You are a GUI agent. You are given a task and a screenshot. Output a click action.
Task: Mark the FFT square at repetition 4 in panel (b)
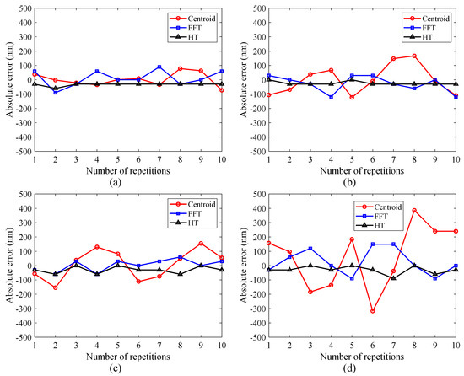click(x=331, y=97)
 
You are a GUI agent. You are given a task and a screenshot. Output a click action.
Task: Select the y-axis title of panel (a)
click(x=7, y=79)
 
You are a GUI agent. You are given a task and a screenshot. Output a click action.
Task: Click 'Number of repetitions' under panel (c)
click(x=127, y=357)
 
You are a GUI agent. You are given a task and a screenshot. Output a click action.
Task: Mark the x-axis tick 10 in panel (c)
click(x=220, y=347)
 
